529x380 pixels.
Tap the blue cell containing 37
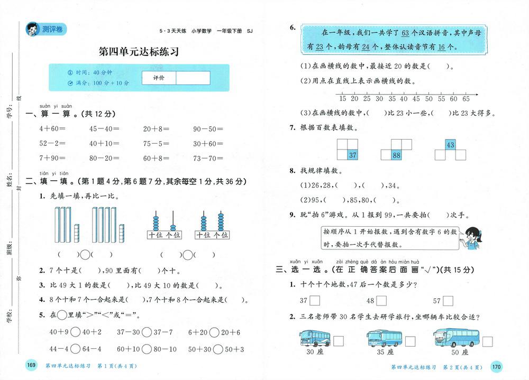point(352,155)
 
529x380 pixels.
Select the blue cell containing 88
point(396,155)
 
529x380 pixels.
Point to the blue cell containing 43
point(450,145)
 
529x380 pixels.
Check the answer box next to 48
point(370,301)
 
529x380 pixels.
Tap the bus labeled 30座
point(314,338)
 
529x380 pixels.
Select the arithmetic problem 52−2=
point(52,143)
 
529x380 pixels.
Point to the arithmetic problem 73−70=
point(208,158)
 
